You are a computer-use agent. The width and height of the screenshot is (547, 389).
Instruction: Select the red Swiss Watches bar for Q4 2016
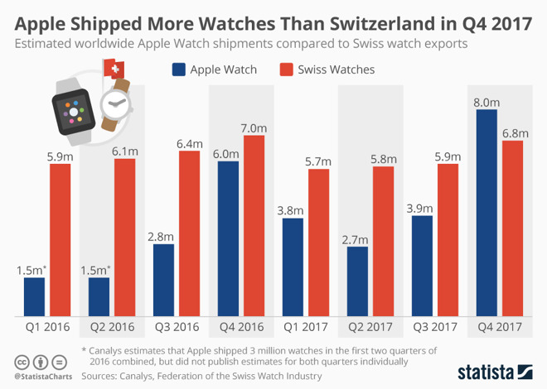coord(254,226)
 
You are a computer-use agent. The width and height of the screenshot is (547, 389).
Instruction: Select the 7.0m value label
coord(254,127)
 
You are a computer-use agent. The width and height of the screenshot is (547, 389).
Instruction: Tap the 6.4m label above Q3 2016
coord(190,143)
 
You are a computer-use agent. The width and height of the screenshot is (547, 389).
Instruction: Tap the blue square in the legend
coord(178,70)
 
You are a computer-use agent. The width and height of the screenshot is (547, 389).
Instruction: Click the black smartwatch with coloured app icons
coord(75,105)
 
